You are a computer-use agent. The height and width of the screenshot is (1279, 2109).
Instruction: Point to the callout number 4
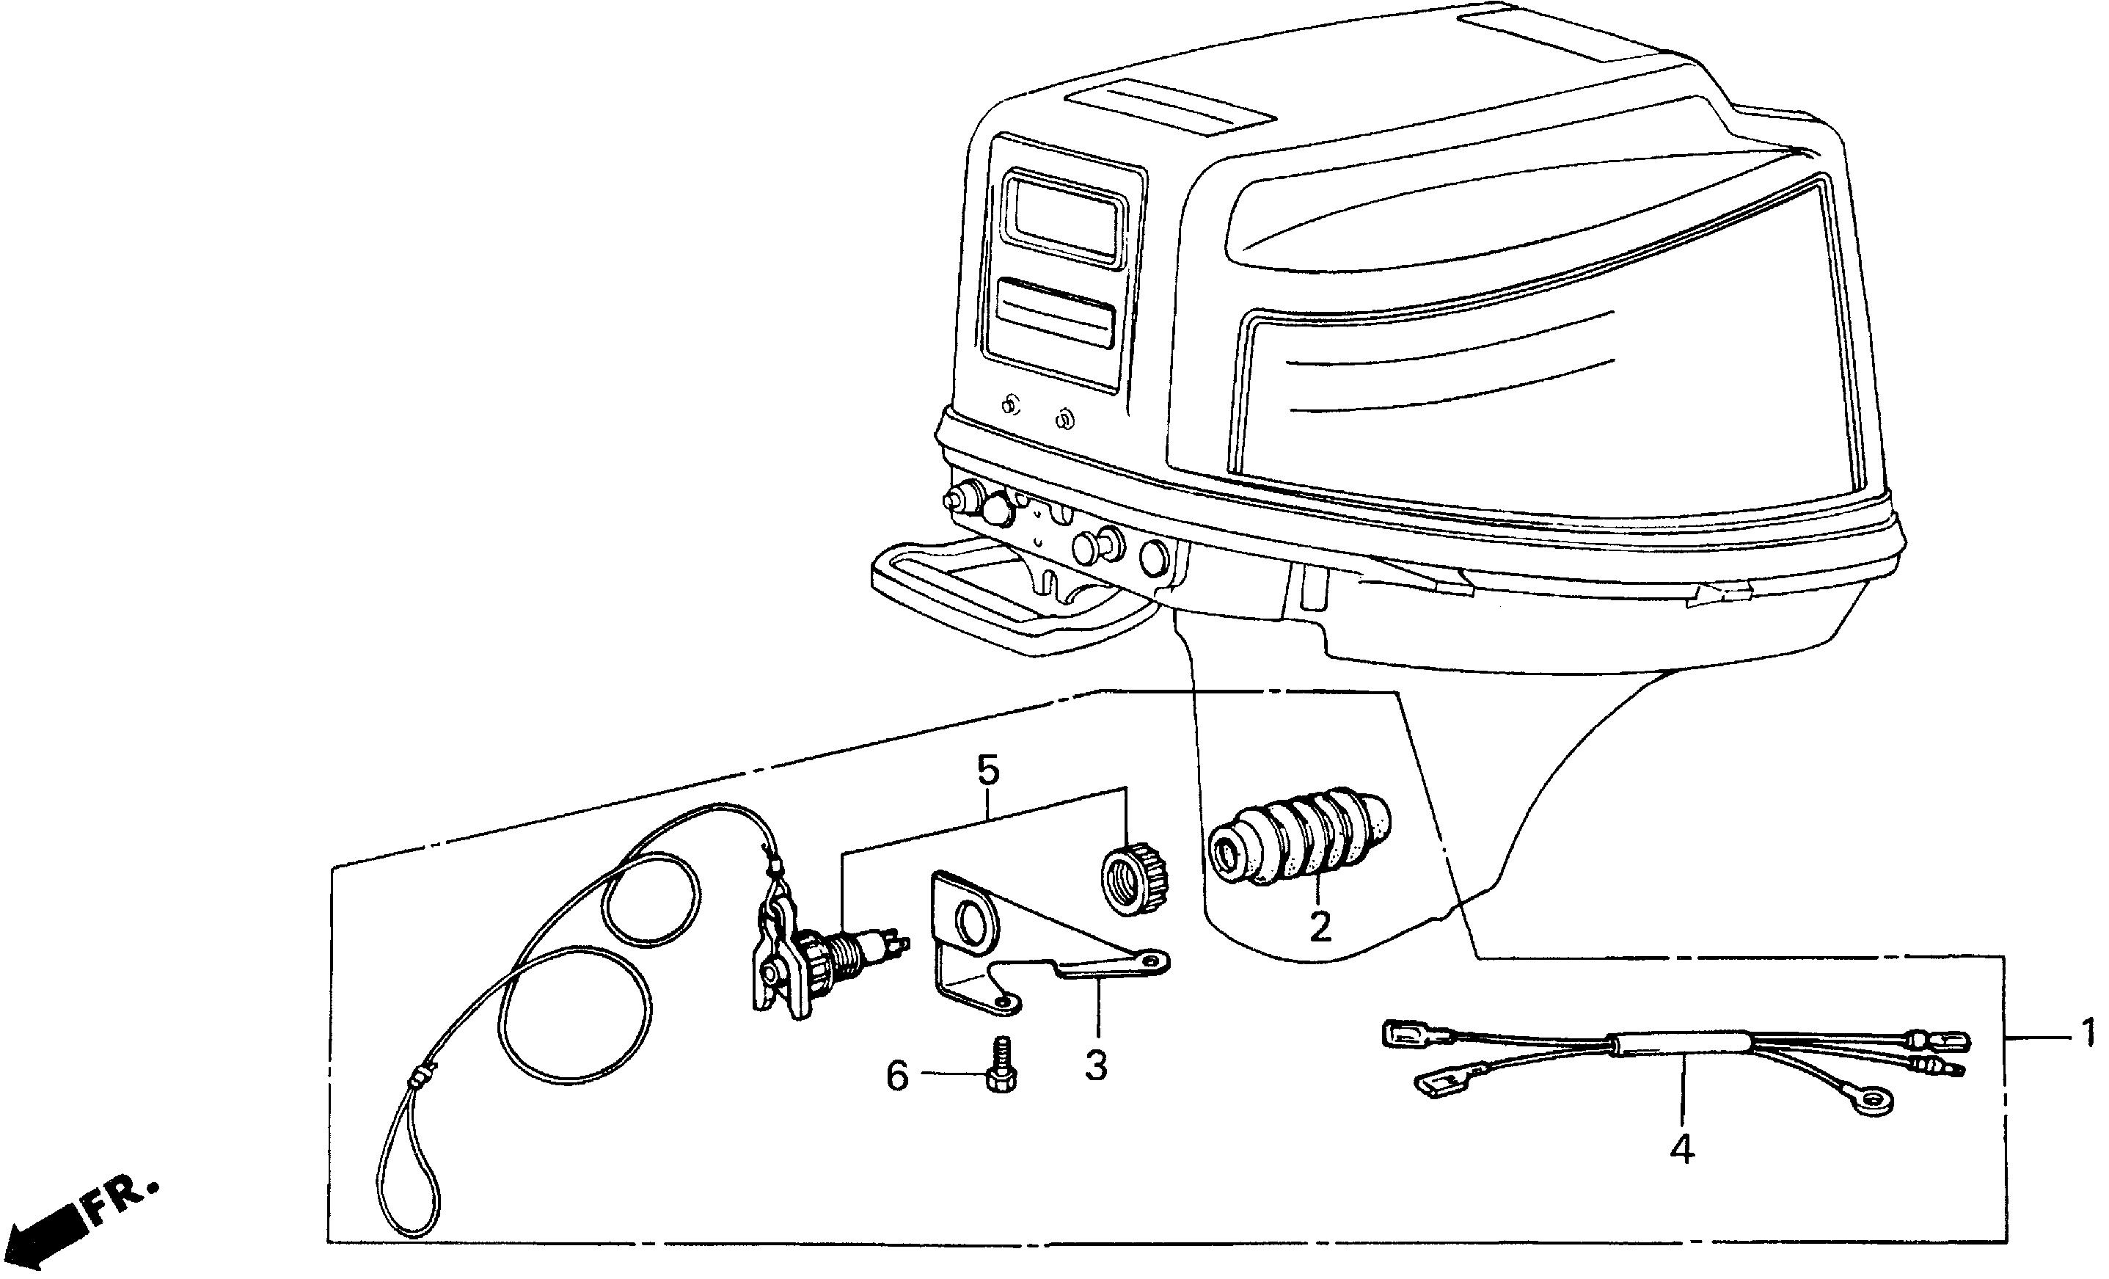click(1681, 1150)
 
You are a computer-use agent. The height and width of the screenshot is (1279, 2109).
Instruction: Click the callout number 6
click(896, 1076)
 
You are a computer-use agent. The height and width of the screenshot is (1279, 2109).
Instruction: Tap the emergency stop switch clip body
click(779, 955)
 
